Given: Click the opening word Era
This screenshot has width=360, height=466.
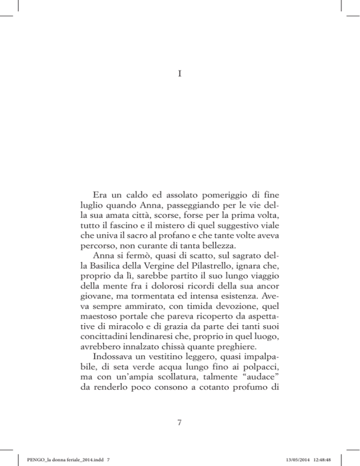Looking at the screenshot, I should tap(100, 195).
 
